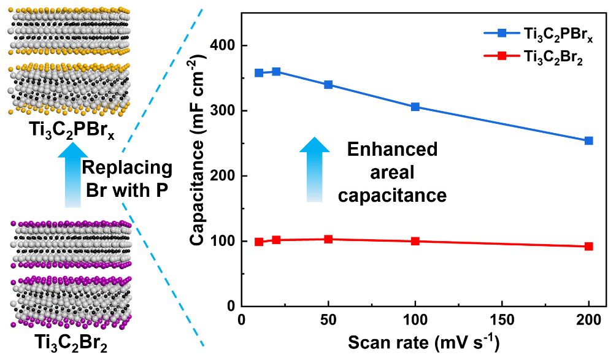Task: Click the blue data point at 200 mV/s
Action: click(589, 140)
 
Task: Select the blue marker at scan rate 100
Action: click(415, 107)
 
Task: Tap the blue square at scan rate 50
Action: click(328, 85)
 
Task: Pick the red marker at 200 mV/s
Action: click(589, 247)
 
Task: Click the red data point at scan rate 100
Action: click(415, 241)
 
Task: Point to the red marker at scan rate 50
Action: click(328, 239)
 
